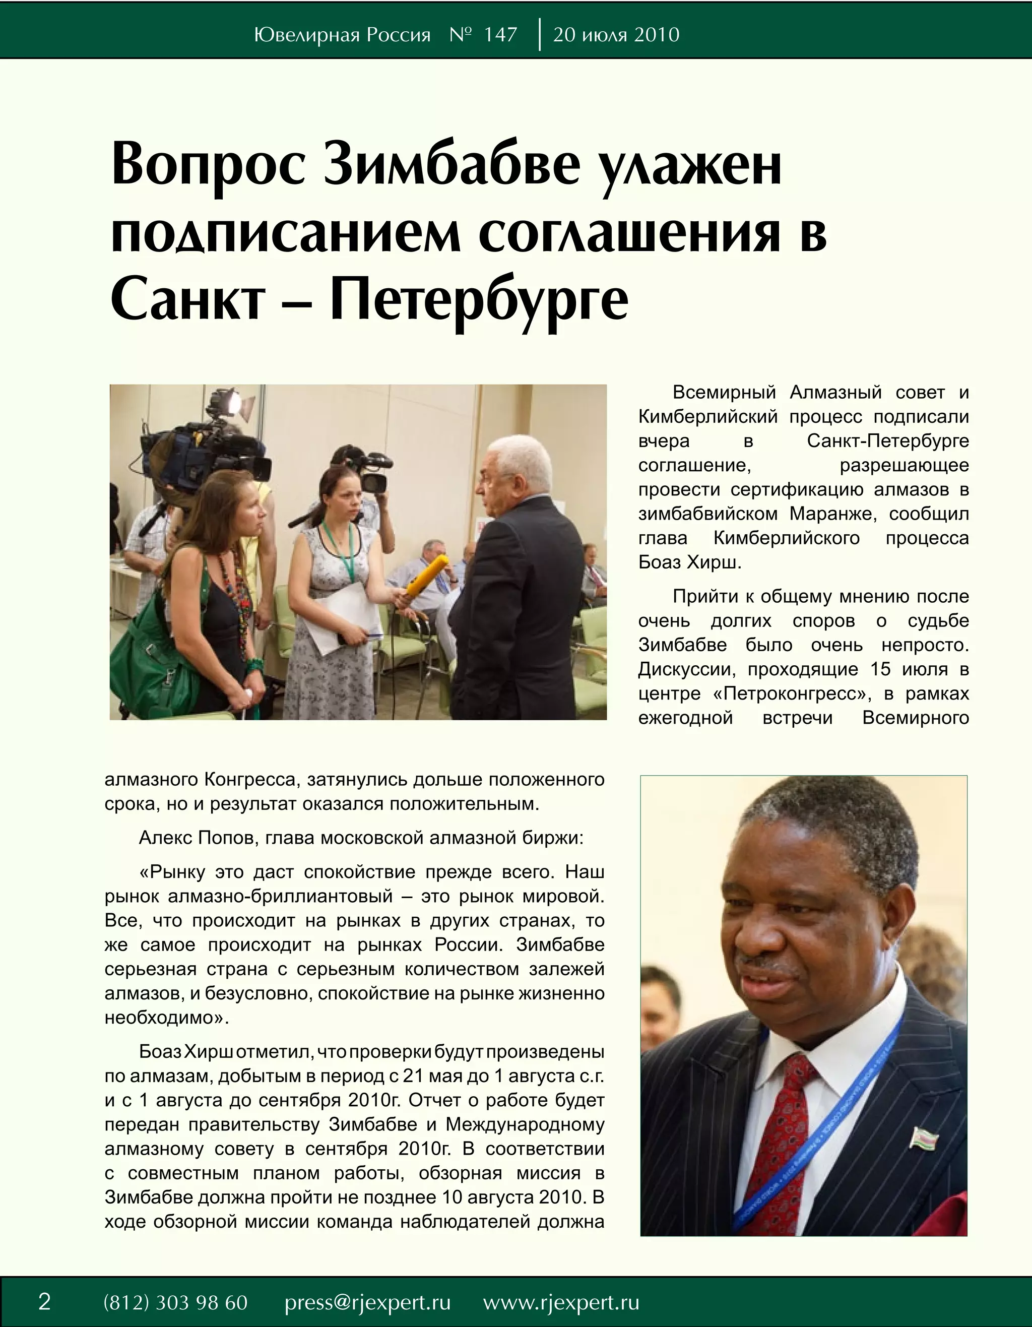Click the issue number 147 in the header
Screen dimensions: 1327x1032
tap(500, 35)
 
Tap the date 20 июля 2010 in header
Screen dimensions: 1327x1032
tap(616, 35)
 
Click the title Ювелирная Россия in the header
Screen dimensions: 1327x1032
tap(342, 35)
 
